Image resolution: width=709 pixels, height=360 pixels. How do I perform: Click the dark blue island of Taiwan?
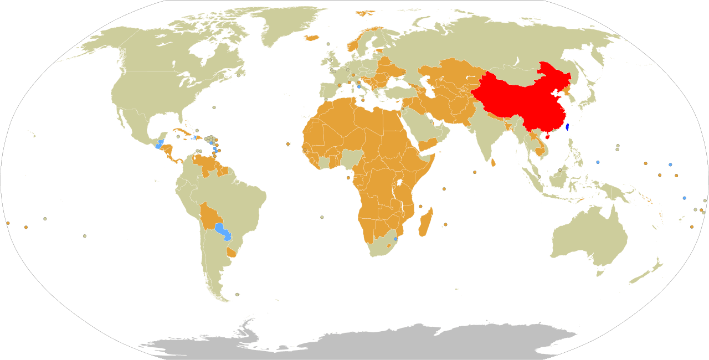567,127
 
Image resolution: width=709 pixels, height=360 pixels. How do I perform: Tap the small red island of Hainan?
547,136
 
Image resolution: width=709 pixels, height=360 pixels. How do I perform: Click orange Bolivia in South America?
209,217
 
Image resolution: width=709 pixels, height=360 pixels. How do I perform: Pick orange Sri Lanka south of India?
494,162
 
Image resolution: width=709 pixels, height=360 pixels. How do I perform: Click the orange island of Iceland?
312,38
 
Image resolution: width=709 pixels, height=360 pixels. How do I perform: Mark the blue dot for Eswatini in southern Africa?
395,239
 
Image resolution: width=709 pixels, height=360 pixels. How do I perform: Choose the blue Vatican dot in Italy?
359,87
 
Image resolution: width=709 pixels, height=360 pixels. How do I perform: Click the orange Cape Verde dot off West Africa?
288,144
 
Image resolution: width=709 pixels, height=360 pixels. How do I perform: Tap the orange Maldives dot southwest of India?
475,172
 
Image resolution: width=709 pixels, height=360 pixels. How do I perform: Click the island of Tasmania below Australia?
599,272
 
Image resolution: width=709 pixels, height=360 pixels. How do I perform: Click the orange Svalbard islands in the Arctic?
364,12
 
